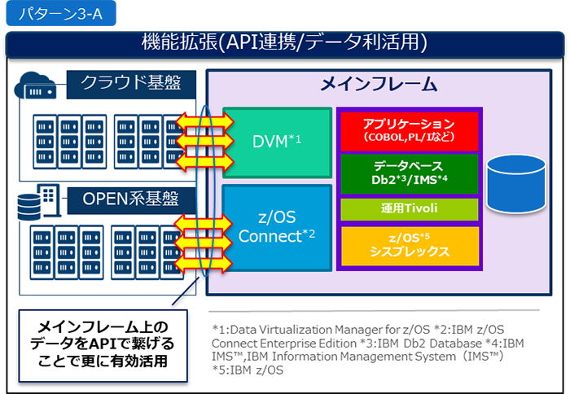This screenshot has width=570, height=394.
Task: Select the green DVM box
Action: (x=277, y=142)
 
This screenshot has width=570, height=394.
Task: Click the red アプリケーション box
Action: (x=410, y=130)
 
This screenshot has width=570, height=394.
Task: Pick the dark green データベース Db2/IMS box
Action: (x=410, y=172)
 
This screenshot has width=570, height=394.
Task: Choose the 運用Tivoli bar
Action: (x=410, y=208)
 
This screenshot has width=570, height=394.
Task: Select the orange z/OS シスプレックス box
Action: (x=410, y=246)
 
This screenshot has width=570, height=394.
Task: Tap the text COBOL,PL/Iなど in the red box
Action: (x=410, y=138)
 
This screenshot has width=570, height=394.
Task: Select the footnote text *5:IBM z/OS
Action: (x=248, y=370)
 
